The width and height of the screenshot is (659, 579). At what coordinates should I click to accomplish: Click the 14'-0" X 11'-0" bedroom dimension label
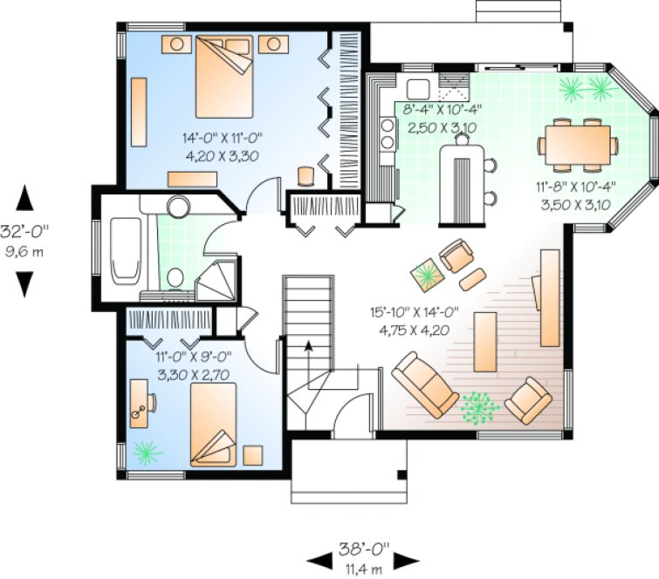point(222,146)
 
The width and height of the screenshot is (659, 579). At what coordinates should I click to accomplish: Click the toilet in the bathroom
point(174,277)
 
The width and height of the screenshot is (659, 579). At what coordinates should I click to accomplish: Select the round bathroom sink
point(180,208)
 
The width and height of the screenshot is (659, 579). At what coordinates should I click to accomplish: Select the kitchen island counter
point(460,183)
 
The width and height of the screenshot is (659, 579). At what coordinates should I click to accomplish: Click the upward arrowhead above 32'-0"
point(26,198)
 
